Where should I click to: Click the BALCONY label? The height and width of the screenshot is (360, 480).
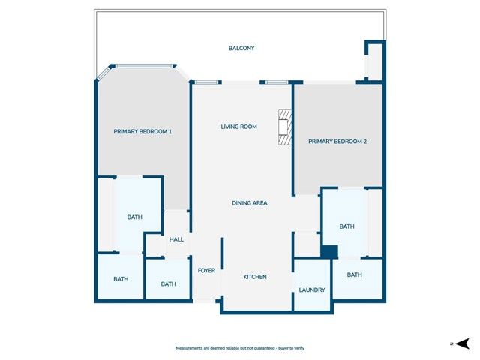tap(241, 49)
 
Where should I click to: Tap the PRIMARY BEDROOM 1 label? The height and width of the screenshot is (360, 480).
tap(142, 132)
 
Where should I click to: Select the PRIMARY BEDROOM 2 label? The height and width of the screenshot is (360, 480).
tap(337, 141)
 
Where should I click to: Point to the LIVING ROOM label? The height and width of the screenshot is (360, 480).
tap(238, 127)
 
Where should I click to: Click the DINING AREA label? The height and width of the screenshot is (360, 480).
tap(249, 203)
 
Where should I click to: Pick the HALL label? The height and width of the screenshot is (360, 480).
tap(176, 239)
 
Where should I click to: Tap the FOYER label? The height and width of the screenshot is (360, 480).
tap(206, 270)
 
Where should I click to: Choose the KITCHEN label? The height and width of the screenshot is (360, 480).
tap(255, 277)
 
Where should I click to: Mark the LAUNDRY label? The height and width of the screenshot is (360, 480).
tap(311, 289)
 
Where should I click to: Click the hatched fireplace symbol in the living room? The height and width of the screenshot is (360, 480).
tap(284, 127)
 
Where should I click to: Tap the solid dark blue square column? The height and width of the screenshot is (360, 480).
tap(328, 252)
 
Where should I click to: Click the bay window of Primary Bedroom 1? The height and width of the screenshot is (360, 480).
tap(143, 66)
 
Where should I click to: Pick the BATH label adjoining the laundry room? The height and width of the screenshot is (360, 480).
tap(354, 274)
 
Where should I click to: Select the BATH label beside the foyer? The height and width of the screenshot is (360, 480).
tap(168, 283)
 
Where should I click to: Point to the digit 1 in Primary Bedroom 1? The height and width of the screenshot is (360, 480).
tap(170, 132)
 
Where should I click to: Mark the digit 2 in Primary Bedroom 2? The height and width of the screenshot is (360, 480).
tap(364, 141)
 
